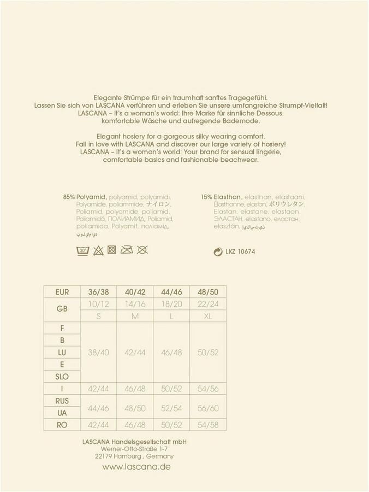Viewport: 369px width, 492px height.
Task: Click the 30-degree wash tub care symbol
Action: point(82,250)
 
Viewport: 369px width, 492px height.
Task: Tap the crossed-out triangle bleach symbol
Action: point(98,250)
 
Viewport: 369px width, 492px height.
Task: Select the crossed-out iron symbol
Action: point(127,250)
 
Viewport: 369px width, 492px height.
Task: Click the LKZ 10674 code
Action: point(240,252)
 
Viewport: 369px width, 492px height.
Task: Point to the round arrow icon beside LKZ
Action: point(218,252)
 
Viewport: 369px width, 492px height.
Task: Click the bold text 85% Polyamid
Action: point(85,197)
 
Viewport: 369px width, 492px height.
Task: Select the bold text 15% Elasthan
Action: point(221,197)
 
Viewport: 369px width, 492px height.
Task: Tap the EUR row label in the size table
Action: point(62,292)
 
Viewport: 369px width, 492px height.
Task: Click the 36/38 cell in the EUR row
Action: point(99,292)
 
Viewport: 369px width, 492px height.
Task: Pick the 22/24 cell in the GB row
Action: point(207,304)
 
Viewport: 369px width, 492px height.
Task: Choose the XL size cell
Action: point(207,316)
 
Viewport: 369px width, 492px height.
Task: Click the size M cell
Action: point(135,316)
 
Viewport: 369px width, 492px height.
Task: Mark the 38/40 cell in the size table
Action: point(99,353)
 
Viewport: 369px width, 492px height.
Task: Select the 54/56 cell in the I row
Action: point(207,389)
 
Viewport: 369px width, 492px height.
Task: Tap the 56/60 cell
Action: point(207,408)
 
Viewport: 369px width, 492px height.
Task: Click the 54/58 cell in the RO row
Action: point(207,425)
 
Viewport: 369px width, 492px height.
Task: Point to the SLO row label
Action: point(62,377)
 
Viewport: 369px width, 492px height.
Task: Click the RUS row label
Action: point(62,401)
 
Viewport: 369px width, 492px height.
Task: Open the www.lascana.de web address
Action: point(136,467)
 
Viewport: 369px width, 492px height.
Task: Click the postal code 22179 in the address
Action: point(104,456)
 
